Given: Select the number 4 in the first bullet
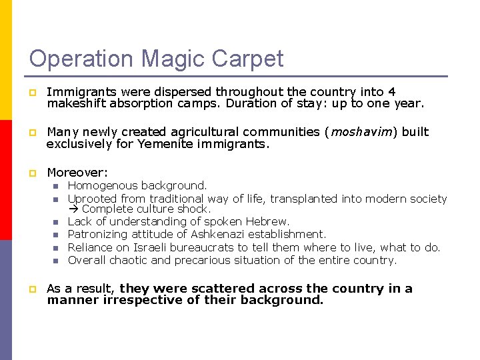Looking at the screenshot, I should point(392,92).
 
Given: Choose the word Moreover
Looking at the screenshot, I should point(77,173).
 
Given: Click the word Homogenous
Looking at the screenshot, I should point(100,185).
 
